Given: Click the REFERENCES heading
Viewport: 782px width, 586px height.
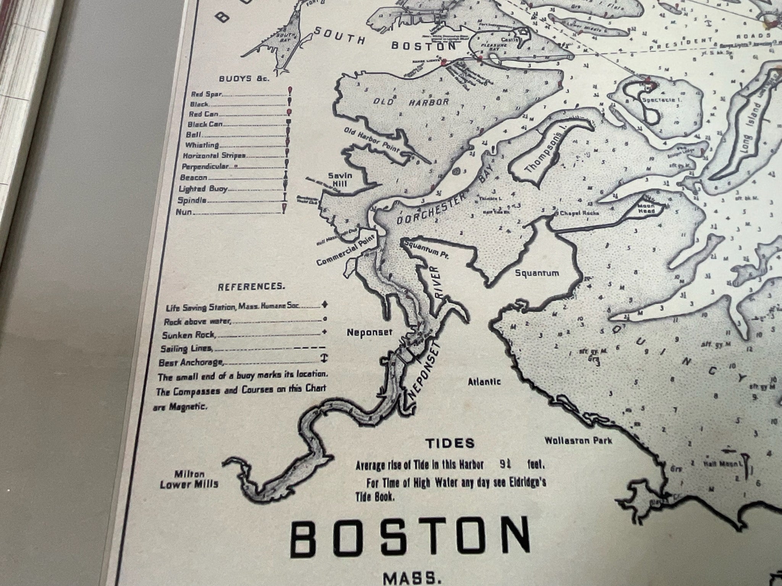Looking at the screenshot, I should click(251, 287).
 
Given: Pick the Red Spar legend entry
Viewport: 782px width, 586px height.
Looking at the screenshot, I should click(204, 94).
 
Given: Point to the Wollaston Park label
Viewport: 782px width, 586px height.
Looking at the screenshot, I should click(578, 441).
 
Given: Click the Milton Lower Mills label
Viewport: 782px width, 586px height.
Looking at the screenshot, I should click(189, 480).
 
